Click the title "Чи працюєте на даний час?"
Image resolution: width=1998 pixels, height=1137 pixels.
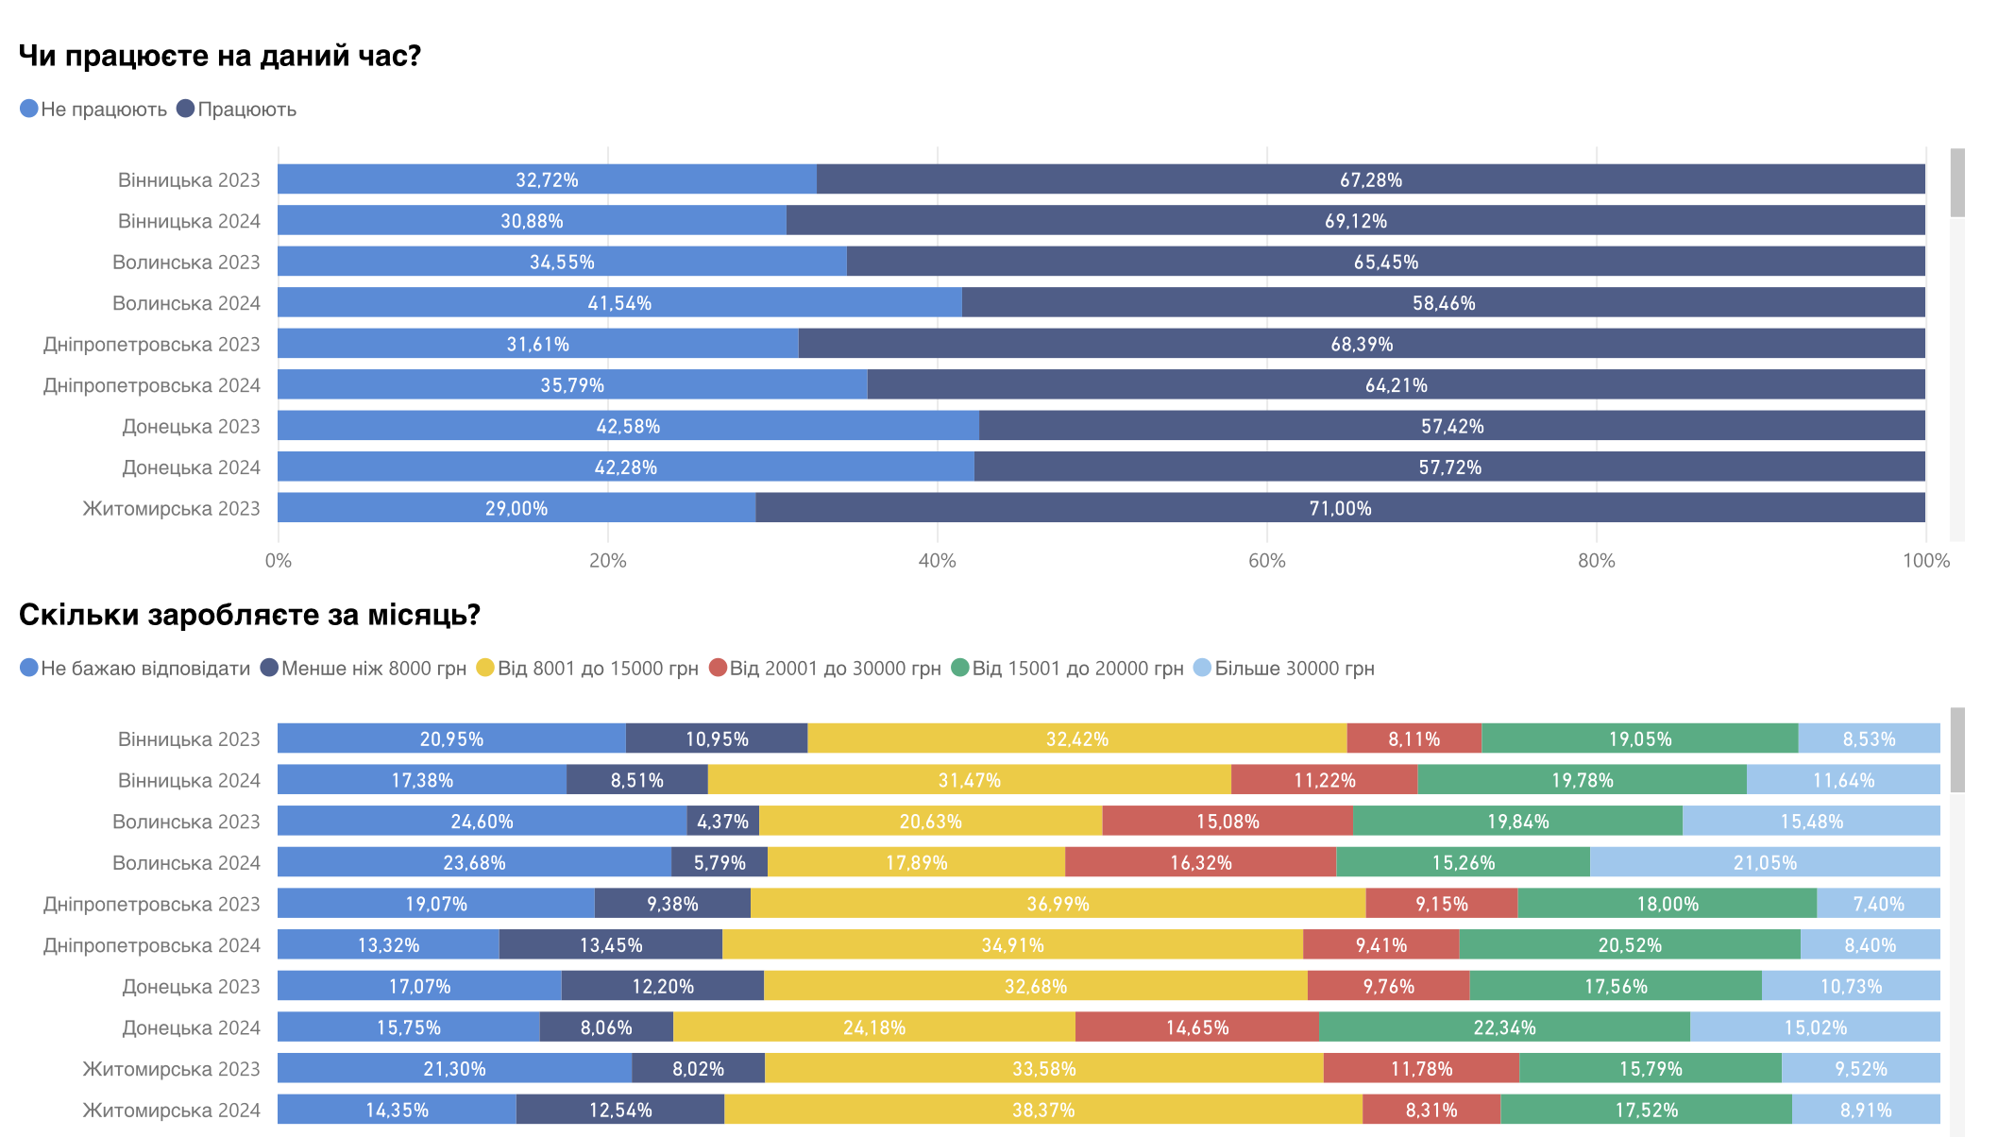(x=219, y=57)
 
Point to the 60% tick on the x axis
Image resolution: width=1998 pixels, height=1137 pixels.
(x=1266, y=561)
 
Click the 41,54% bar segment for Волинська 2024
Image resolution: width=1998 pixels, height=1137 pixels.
(x=619, y=303)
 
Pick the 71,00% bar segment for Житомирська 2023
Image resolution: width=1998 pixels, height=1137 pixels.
(x=1340, y=508)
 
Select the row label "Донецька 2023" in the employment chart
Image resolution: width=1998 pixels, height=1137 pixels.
(x=191, y=427)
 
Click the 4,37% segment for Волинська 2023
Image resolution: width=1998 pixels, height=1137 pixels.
(x=722, y=822)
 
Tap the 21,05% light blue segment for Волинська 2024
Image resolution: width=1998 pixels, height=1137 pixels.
(x=1765, y=862)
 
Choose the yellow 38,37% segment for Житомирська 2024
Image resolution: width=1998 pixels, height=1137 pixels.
(x=1043, y=1110)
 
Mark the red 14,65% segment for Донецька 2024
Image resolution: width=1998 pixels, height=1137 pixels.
(x=1196, y=1027)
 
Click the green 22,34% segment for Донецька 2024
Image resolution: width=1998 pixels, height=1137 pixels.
(x=1504, y=1027)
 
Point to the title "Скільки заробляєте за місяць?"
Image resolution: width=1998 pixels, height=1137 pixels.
(x=249, y=616)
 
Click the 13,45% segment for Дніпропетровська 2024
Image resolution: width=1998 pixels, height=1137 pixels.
(x=611, y=945)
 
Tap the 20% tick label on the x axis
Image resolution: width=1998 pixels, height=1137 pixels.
(x=607, y=561)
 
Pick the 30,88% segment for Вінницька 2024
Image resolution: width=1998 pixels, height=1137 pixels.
(x=532, y=221)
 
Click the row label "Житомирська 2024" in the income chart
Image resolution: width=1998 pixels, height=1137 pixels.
(x=171, y=1111)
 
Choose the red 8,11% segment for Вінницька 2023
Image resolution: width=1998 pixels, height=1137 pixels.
(x=1414, y=738)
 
